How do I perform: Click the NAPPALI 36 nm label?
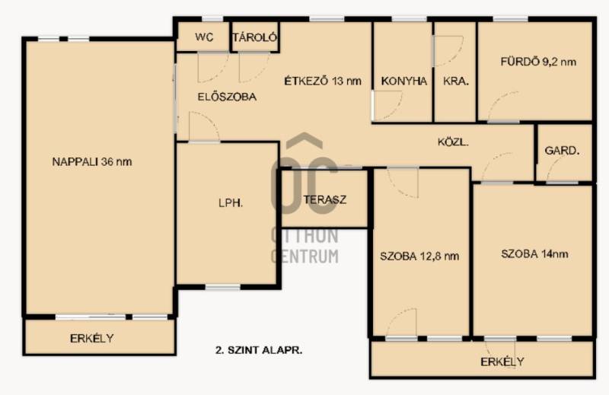click(92, 161)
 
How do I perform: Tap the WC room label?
click(204, 37)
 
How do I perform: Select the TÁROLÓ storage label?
click(255, 37)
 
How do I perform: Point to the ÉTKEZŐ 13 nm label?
click(323, 81)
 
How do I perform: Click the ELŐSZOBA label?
click(227, 97)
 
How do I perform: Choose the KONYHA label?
click(404, 81)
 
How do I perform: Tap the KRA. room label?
click(456, 81)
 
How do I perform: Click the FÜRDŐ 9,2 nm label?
click(538, 62)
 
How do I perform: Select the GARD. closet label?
click(562, 151)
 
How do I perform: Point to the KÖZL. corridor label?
click(453, 142)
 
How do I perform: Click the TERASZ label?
click(325, 199)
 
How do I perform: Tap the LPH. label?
click(231, 202)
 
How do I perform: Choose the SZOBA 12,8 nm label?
click(419, 256)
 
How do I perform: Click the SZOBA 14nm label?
click(534, 254)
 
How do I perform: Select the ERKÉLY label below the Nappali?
click(92, 338)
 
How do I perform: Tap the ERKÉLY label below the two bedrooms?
click(502, 362)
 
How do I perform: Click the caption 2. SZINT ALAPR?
click(259, 350)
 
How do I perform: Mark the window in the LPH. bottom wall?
click(222, 288)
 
